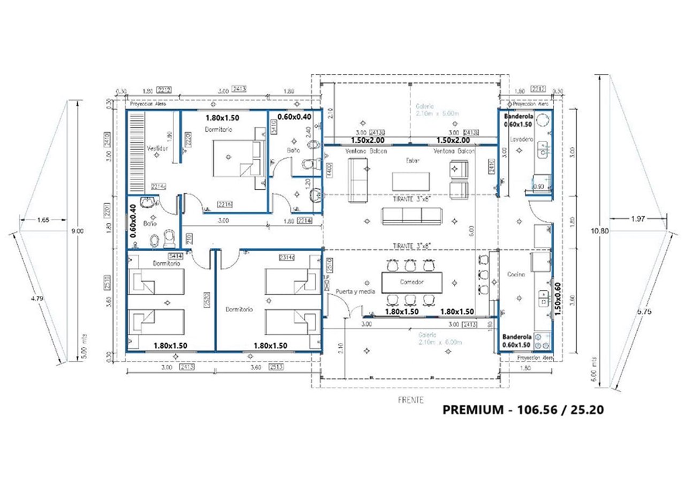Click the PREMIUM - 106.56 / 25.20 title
pyautogui.click(x=523, y=410)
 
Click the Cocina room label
pyautogui.click(x=516, y=274)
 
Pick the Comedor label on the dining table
pyautogui.click(x=412, y=282)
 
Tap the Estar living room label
pyautogui.click(x=412, y=160)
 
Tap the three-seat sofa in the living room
pyautogui.click(x=412, y=215)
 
